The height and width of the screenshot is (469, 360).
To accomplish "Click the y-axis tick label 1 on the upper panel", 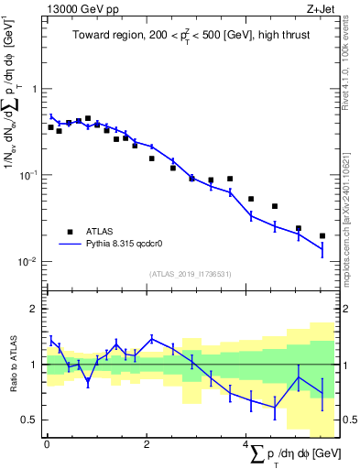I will [x=34, y=89].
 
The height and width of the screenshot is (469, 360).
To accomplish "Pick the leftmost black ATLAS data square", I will [x=51, y=127].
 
